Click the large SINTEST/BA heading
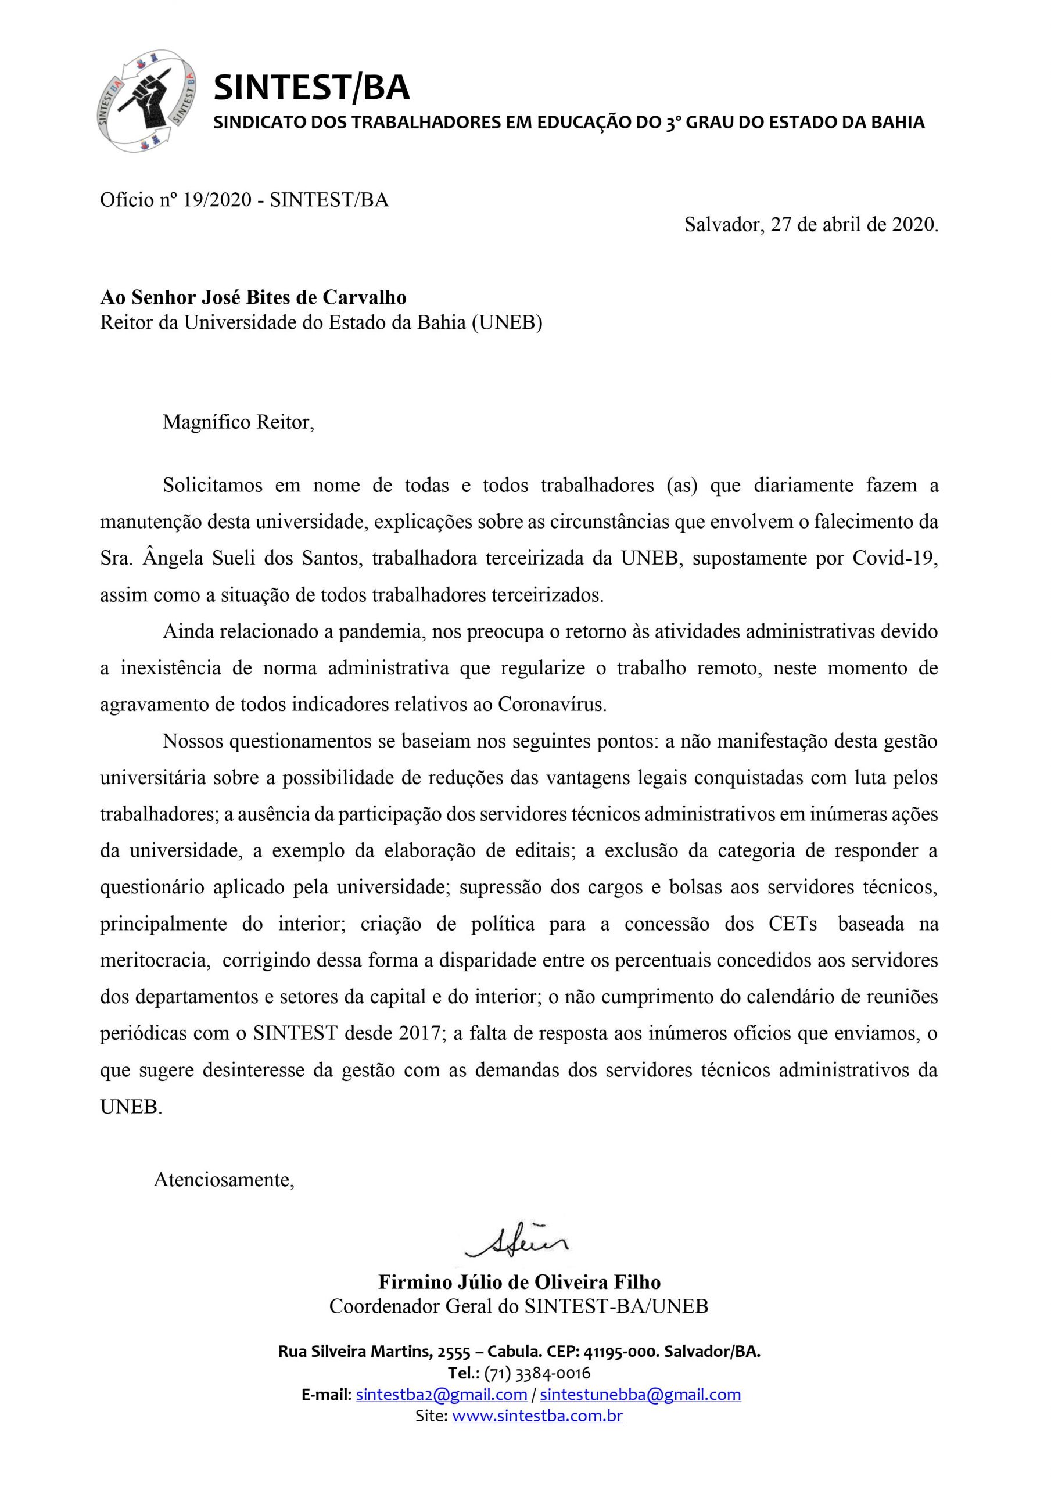click(x=311, y=88)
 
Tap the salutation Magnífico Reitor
click(x=238, y=422)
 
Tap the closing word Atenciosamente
click(x=224, y=1180)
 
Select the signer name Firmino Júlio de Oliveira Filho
click(x=519, y=1283)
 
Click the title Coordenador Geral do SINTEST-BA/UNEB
click(x=518, y=1306)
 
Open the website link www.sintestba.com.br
click(x=537, y=1416)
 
